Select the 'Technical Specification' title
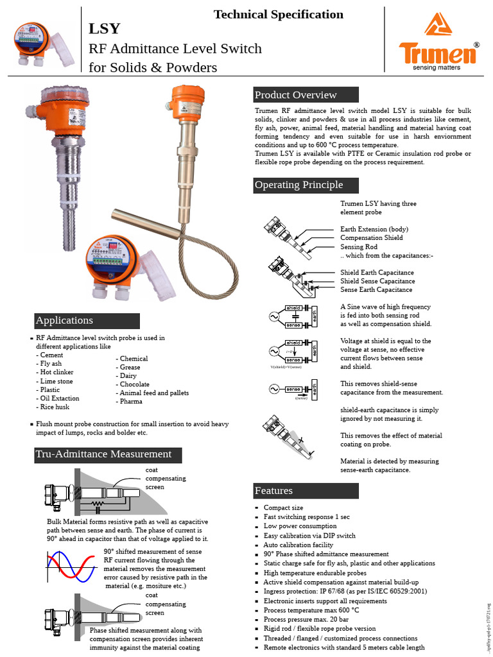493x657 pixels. pyautogui.click(x=278, y=14)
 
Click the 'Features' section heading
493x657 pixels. pyautogui.click(x=274, y=491)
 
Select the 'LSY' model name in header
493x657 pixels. pyautogui.click(x=104, y=29)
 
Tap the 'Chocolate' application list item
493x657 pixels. pyautogui.click(x=134, y=384)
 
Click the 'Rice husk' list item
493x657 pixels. pyautogui.click(x=55, y=407)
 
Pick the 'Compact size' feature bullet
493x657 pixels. pyautogui.click(x=283, y=508)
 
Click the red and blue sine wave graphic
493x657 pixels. pyautogui.click(x=73, y=568)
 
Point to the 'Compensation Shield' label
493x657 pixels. pyautogui.click(x=372, y=238)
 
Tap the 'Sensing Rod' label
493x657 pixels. pyautogui.click(x=359, y=247)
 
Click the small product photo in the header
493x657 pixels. pyautogui.click(x=44, y=46)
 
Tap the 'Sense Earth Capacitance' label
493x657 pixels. pyautogui.click(x=376, y=290)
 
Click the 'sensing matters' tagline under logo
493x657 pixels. pyautogui.click(x=438, y=67)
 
